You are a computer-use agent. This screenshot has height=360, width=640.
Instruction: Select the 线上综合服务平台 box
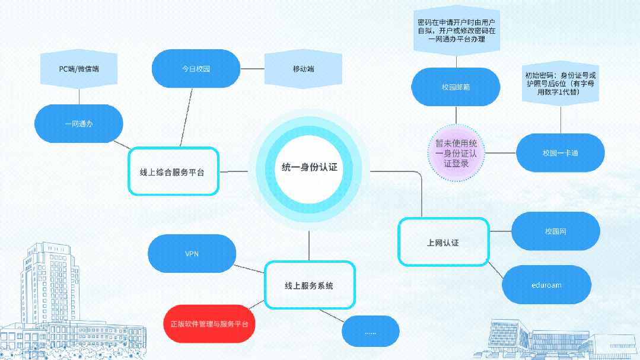(173, 171)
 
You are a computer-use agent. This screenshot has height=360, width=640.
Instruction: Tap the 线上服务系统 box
(310, 285)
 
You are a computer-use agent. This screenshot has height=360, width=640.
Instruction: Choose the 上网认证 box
(444, 242)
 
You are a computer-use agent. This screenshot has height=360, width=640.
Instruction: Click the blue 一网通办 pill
(79, 124)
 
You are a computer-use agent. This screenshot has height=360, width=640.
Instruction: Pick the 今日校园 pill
(196, 69)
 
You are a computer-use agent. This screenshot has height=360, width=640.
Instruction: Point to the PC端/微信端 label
(79, 69)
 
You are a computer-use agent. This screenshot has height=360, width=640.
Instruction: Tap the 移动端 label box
(303, 69)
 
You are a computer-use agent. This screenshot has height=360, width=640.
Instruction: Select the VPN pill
(192, 253)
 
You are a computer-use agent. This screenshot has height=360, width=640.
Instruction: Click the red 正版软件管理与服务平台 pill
(209, 324)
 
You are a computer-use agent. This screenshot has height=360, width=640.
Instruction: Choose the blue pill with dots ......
(371, 332)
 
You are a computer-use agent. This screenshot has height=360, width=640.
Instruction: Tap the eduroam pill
(546, 285)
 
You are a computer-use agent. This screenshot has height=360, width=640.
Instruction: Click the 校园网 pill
(556, 231)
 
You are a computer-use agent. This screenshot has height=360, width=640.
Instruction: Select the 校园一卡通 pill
(561, 152)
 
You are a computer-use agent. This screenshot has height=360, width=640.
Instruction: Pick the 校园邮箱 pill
(456, 87)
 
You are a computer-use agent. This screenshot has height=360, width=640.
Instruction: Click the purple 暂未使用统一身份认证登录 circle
(456, 153)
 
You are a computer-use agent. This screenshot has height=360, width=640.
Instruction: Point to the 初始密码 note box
(561, 83)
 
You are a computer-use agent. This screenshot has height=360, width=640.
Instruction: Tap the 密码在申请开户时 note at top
(456, 31)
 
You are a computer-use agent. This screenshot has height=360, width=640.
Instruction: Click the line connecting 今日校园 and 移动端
(252, 69)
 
